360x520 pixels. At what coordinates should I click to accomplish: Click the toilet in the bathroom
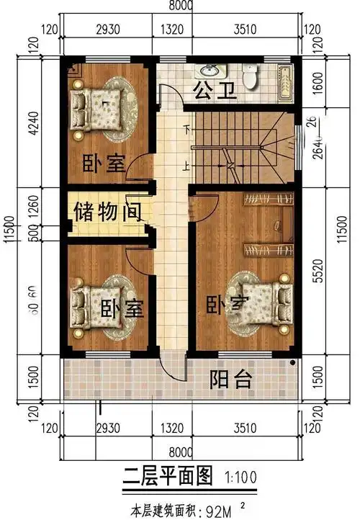pos(250,76)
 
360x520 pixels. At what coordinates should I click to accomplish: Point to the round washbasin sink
pos(210,71)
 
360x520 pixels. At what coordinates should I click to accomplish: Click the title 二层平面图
pos(167,476)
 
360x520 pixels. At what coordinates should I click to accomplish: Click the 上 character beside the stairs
pos(188,166)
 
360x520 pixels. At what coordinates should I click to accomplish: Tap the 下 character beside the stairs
pos(188,130)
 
